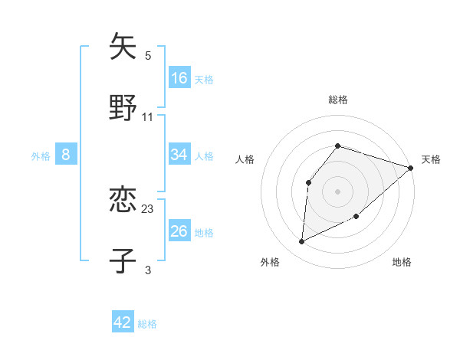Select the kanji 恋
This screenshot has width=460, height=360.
[123, 201]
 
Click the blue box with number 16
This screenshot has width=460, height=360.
[179, 78]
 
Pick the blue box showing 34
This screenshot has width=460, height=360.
[179, 155]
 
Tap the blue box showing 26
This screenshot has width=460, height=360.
[179, 231]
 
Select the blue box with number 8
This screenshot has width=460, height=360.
[66, 155]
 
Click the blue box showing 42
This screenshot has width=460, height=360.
[123, 322]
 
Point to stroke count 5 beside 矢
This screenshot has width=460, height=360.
[148, 56]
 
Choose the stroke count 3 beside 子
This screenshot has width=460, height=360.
[148, 270]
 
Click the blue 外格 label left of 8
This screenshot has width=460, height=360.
[41, 155]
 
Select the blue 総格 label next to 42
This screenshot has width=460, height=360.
[147, 324]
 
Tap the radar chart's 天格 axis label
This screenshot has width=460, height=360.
[431, 159]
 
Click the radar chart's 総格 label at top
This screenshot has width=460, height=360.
[337, 100]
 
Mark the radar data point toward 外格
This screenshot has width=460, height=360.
[302, 241]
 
